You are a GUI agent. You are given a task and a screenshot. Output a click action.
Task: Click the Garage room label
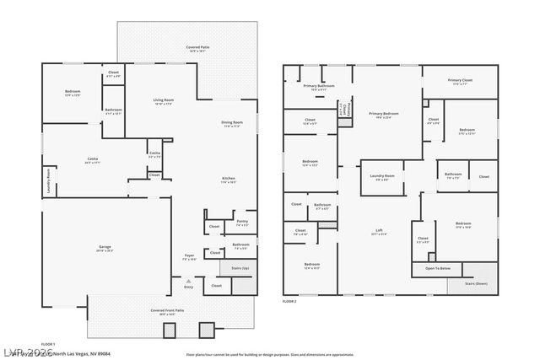point(105,248)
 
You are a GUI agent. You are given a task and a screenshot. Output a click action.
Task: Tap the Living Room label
point(164,101)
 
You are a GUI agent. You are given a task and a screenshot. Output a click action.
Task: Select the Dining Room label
point(231,123)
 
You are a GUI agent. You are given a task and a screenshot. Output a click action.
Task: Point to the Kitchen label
point(228,180)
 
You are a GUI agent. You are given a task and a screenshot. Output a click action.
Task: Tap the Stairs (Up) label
point(240,268)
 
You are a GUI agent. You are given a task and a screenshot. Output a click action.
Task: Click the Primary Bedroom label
point(383,114)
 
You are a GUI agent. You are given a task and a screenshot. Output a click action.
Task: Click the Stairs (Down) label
point(477,283)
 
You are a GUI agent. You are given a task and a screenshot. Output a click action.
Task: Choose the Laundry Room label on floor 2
point(382,176)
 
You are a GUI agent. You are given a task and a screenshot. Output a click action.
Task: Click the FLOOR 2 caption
point(290,300)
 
